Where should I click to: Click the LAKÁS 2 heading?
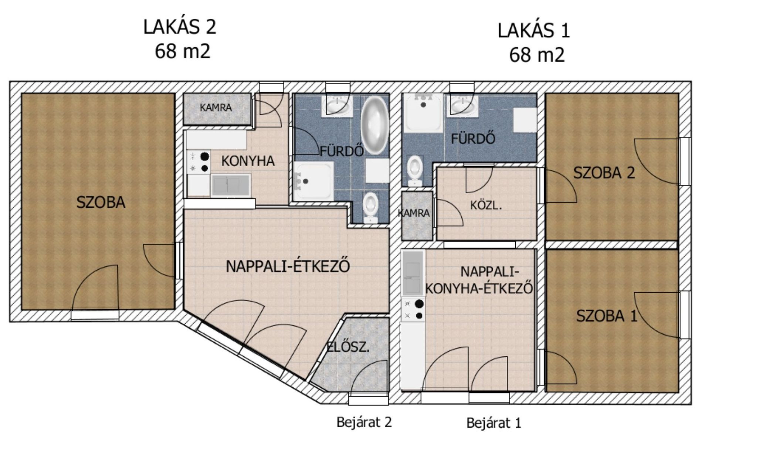click(180, 27)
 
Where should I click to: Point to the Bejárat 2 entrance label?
click(364, 422)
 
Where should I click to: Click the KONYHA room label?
click(248, 161)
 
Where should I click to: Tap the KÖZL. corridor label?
click(486, 205)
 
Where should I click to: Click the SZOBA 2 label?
click(604, 173)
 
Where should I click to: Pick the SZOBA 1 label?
click(607, 316)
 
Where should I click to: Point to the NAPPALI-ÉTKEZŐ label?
click(288, 266)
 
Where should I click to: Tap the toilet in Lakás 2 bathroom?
click(370, 208)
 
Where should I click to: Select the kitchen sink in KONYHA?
click(231, 185)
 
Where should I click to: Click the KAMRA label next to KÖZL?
click(414, 213)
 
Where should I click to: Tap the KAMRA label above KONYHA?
click(216, 108)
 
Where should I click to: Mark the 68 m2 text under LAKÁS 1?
click(537, 55)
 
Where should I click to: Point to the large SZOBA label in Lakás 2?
click(101, 203)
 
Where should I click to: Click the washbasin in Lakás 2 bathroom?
click(337, 106)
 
